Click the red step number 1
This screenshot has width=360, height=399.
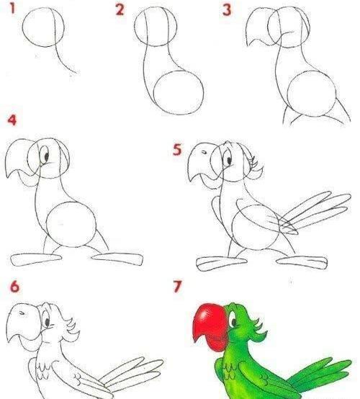[12, 8]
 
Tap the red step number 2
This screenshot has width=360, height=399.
[120, 9]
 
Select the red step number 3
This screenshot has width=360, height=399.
[227, 10]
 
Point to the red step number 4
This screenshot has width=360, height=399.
[12, 120]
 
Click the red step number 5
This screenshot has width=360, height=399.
[177, 149]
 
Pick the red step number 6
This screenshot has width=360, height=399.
[14, 286]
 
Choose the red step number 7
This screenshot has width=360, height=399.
[178, 286]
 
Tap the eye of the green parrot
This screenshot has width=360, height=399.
[233, 320]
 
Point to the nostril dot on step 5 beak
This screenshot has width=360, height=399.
[204, 152]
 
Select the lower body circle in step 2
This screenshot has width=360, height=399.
[179, 93]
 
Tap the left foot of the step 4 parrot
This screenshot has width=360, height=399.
[36, 259]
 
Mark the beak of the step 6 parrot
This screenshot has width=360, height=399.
[23, 323]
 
